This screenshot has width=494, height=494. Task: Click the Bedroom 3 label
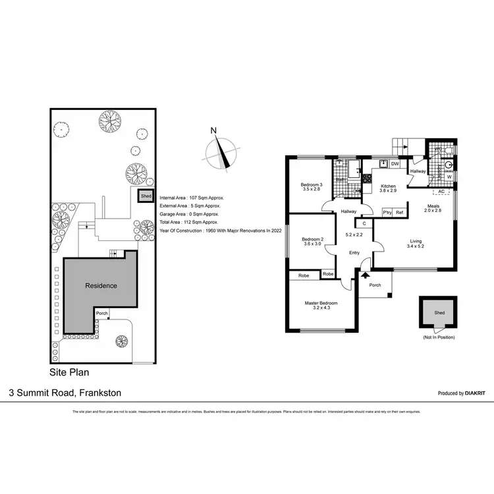point(312,184)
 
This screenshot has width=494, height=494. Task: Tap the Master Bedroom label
point(321,303)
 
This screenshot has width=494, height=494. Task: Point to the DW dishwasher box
point(395,164)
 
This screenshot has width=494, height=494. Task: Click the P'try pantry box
point(387,213)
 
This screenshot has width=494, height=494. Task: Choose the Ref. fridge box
point(400,213)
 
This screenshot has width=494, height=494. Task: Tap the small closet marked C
point(364,223)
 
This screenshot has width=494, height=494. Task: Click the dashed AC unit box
point(441,192)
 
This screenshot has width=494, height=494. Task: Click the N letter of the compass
point(213,130)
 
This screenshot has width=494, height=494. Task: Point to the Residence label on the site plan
point(100,286)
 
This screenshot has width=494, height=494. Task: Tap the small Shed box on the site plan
point(145,196)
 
